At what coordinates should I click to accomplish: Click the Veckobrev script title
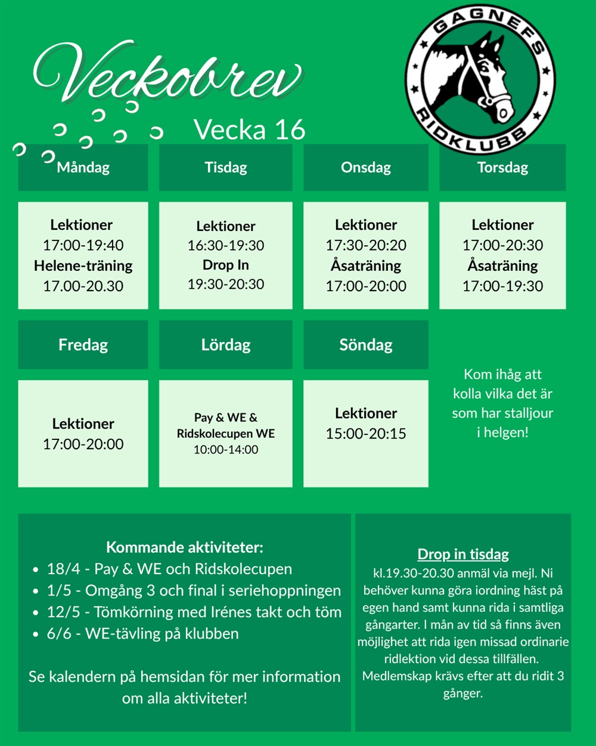click(x=167, y=75)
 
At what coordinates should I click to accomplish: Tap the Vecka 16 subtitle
click(x=249, y=130)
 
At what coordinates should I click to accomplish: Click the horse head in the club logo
click(x=477, y=78)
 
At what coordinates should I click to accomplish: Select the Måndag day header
click(x=83, y=167)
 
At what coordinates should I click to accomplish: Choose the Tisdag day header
click(x=226, y=167)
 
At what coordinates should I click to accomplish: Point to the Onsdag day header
click(x=366, y=167)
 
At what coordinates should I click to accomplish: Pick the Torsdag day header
click(x=502, y=167)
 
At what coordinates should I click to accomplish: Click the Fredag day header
click(x=83, y=344)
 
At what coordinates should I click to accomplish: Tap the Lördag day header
click(x=226, y=344)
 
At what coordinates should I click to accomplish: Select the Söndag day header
click(x=366, y=344)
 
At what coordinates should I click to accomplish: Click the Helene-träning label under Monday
click(x=83, y=266)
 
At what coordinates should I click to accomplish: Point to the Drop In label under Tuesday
click(x=226, y=264)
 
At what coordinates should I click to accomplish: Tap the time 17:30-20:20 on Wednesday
click(x=366, y=245)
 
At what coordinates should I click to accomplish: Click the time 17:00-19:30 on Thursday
click(x=502, y=286)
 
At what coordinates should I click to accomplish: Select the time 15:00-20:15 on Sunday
click(x=366, y=434)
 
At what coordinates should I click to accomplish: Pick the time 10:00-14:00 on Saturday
click(x=226, y=449)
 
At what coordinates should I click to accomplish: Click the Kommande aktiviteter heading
click(x=184, y=547)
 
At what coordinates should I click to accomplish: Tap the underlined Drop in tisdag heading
click(x=463, y=554)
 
